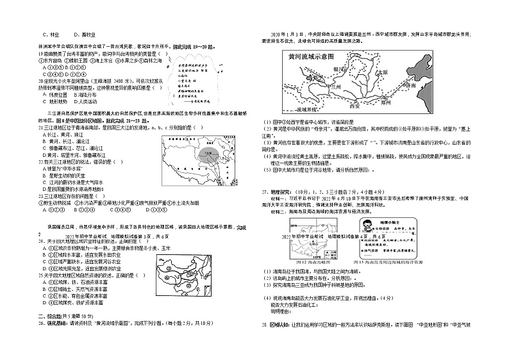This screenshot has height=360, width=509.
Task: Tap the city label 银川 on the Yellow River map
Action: pos(335,68)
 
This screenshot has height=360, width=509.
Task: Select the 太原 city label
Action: pos(383,72)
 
